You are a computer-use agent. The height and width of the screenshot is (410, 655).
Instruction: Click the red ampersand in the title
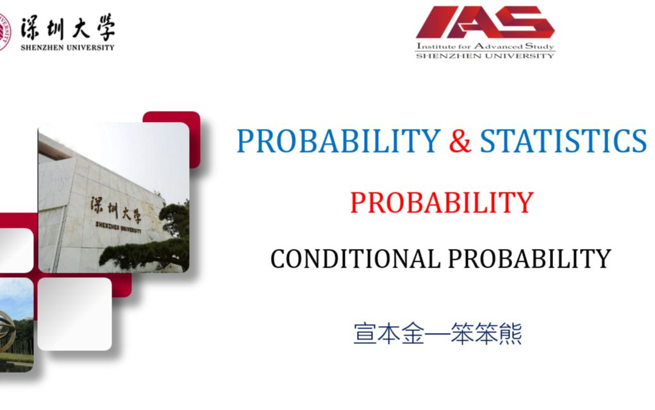[460, 141]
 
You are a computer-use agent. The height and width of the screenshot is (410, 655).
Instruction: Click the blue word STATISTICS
[563, 141]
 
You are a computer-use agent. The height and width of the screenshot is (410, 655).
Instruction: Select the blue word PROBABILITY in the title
[338, 141]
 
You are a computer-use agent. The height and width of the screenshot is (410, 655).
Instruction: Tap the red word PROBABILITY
[442, 203]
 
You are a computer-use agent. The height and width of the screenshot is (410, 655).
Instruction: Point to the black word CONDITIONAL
[355, 259]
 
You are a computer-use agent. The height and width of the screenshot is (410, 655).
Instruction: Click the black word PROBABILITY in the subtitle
[529, 259]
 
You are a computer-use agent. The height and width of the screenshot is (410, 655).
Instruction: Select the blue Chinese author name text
[437, 333]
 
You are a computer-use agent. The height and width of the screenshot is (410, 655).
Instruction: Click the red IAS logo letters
[485, 22]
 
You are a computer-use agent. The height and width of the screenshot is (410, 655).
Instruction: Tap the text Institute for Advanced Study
[485, 46]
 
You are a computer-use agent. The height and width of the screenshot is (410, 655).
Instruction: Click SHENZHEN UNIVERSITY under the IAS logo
[485, 56]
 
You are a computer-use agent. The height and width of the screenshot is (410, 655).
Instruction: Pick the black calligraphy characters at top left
[68, 28]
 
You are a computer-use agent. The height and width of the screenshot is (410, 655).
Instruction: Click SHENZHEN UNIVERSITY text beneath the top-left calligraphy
[68, 47]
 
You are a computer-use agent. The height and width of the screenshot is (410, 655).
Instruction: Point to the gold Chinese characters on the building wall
[116, 210]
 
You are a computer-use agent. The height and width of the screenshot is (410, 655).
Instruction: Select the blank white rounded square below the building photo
[75, 314]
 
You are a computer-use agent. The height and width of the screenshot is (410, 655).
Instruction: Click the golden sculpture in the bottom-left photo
[8, 332]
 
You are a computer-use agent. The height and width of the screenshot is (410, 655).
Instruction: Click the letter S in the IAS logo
[533, 22]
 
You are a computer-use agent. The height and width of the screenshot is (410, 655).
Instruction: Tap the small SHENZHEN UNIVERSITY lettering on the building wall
[118, 227]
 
